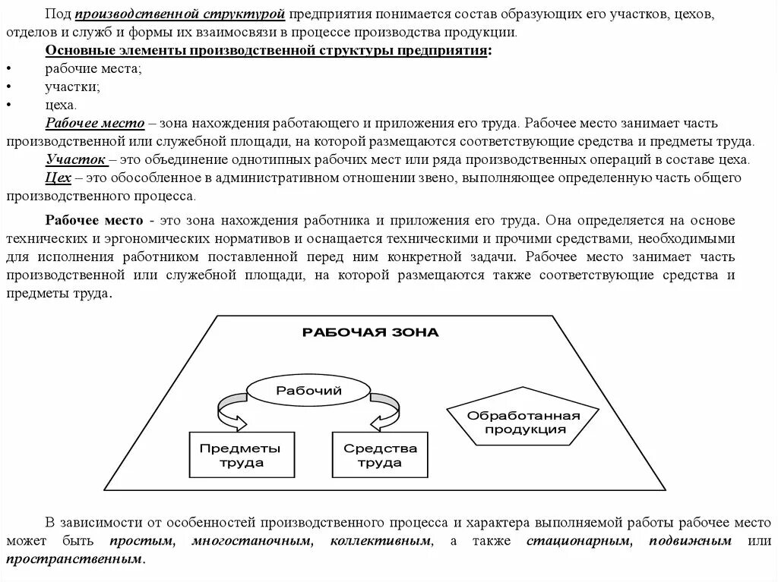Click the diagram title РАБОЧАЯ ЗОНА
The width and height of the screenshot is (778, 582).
(x=370, y=332)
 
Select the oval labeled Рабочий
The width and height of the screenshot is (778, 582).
(x=308, y=391)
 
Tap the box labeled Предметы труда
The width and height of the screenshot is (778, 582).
(x=241, y=455)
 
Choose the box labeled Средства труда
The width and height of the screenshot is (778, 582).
(x=380, y=455)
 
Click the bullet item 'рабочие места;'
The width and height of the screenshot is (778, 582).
(x=93, y=68)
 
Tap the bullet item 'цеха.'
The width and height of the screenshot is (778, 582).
(x=61, y=105)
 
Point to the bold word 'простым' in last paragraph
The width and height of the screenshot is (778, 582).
(x=141, y=541)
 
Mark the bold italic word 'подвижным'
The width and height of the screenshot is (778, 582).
(x=691, y=541)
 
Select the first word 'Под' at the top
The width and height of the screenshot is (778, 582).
(x=56, y=14)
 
